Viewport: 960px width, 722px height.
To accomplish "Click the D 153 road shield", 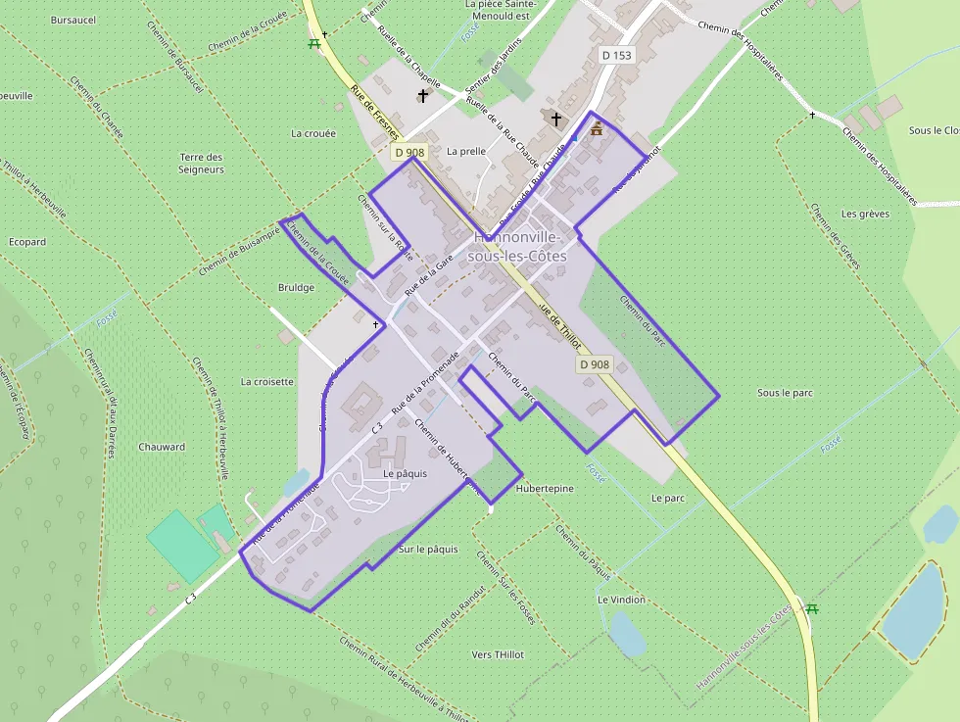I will [x=617, y=56].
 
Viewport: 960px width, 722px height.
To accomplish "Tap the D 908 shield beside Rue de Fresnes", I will [x=409, y=152].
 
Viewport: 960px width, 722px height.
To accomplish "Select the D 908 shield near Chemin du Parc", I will [x=594, y=364].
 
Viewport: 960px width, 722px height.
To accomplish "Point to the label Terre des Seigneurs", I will [x=202, y=163].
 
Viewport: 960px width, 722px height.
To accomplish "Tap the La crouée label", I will [x=313, y=133].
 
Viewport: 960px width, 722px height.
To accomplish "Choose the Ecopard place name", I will [x=27, y=242].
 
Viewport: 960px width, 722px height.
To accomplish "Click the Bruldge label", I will [x=296, y=288].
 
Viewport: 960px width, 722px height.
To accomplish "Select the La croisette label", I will [x=267, y=382].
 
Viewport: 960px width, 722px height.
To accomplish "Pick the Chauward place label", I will [x=162, y=447].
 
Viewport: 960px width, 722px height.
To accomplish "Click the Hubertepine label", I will [x=545, y=487].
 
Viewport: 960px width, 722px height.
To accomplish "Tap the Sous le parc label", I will [x=786, y=393].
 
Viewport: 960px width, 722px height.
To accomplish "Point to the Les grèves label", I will [x=862, y=214].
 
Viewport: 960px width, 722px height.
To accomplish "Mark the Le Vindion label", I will [x=621, y=600].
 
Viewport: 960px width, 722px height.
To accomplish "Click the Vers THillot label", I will [x=498, y=654].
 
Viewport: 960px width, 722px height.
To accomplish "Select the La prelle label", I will [x=466, y=152].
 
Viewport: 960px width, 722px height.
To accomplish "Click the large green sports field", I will [x=182, y=545].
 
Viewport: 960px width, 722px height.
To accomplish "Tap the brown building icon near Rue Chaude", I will [x=596, y=128].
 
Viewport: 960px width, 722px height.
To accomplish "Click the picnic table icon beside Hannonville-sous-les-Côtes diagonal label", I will [x=812, y=609].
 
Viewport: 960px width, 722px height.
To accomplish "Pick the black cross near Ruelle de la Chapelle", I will [x=423, y=96].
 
